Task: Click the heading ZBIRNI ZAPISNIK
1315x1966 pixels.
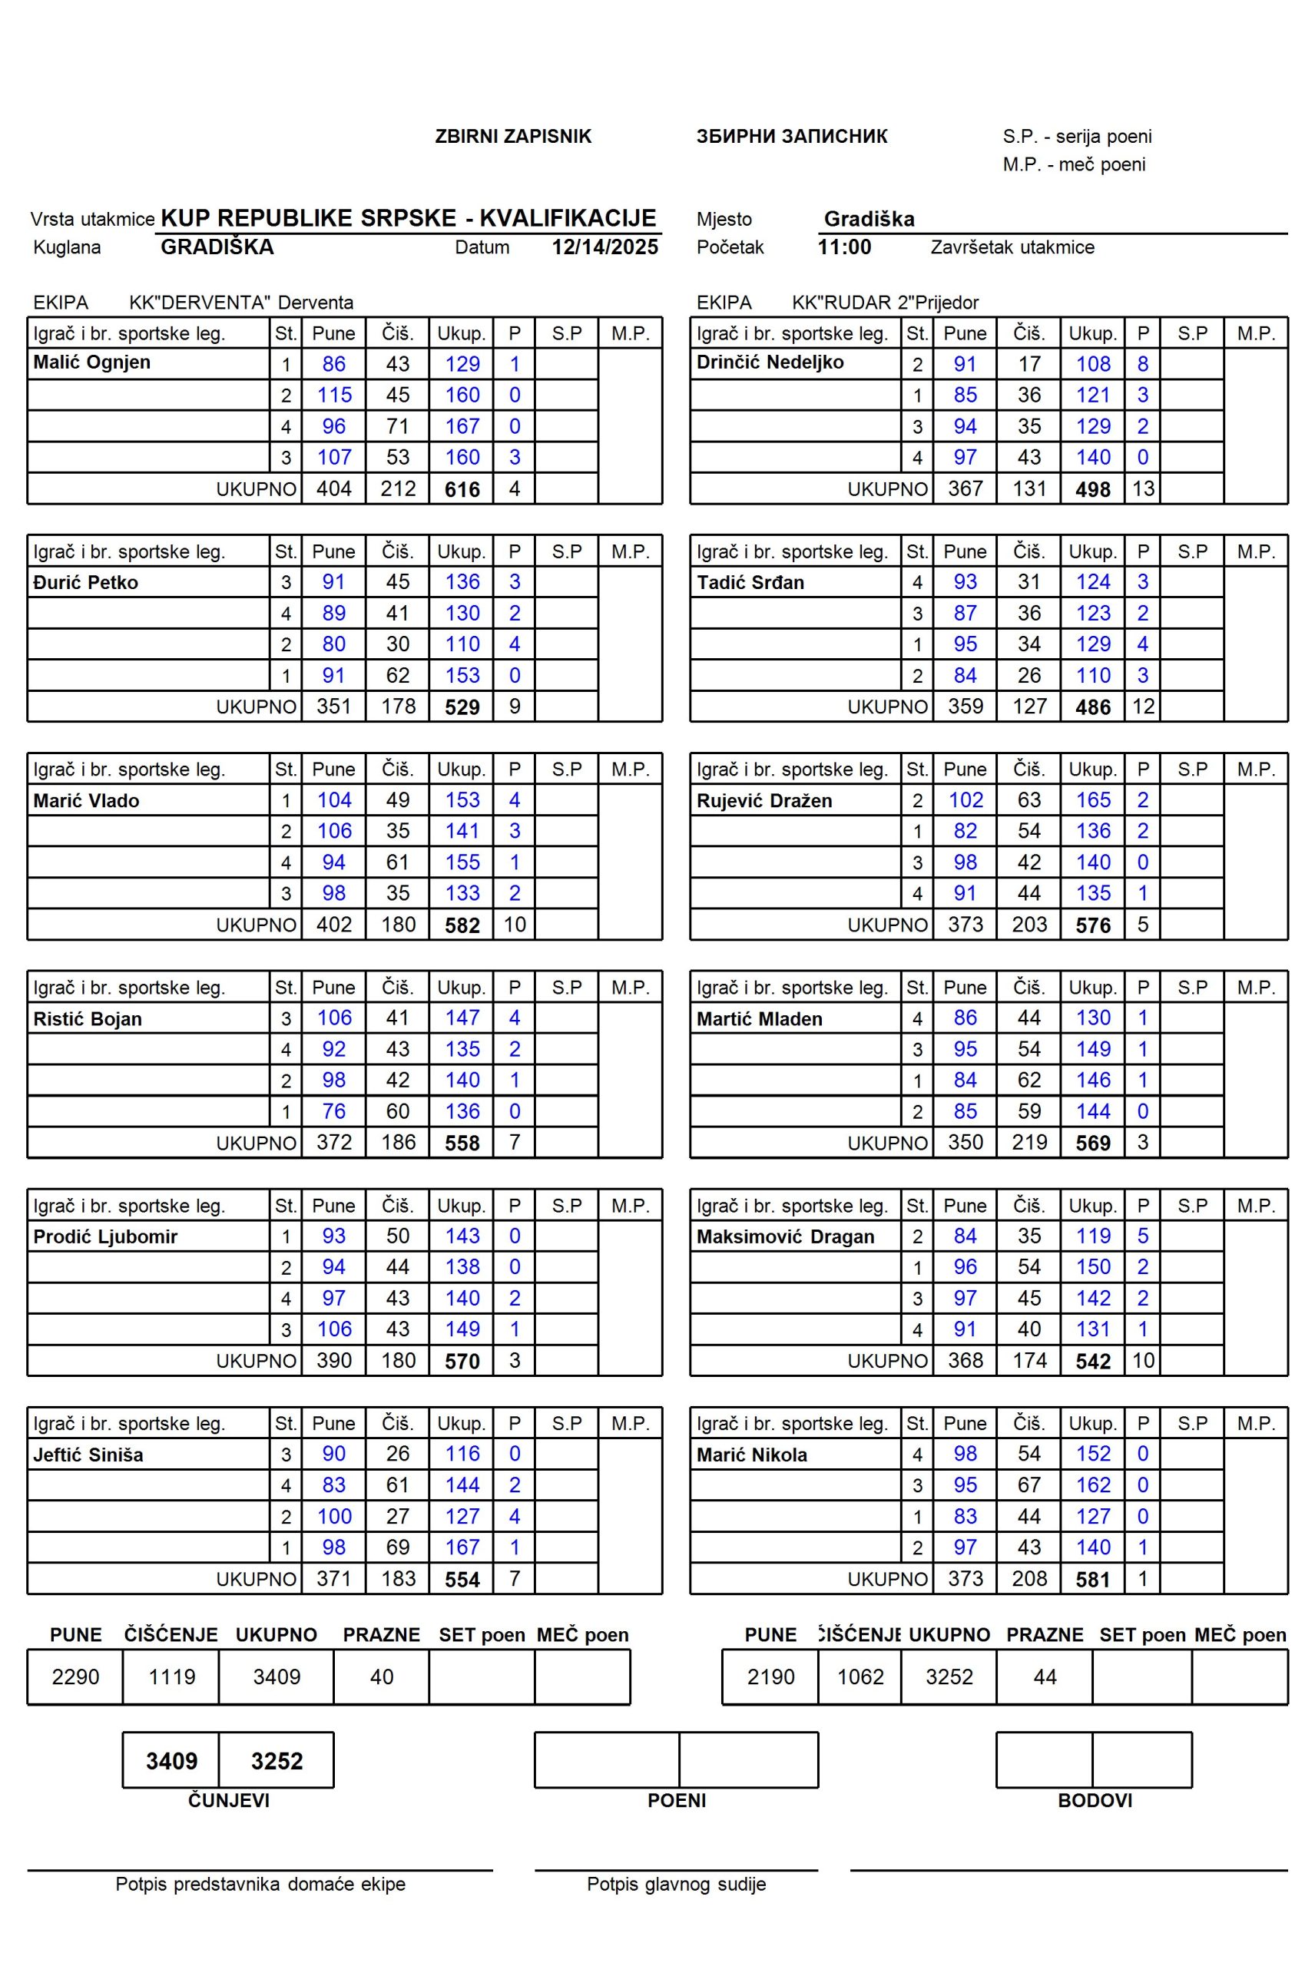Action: [x=512, y=137]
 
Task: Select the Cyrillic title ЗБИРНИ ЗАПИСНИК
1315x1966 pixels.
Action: [x=791, y=137]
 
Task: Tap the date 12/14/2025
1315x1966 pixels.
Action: [x=605, y=247]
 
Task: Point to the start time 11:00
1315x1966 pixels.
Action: [x=843, y=247]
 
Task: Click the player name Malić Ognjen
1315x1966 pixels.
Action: [x=91, y=363]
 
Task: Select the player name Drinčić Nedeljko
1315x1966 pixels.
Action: [x=769, y=363]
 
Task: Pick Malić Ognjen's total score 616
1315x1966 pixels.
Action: [x=462, y=490]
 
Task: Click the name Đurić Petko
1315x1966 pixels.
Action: [x=85, y=582]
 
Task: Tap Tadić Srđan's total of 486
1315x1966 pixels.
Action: [x=1093, y=707]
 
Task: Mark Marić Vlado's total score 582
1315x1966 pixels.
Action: [x=462, y=925]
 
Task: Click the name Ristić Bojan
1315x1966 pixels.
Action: [x=88, y=1018]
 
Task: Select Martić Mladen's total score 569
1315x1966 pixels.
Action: [x=1093, y=1144]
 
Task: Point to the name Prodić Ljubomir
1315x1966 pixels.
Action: [x=104, y=1236]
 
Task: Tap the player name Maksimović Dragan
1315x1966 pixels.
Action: [x=785, y=1236]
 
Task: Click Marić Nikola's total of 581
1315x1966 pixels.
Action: [x=1093, y=1580]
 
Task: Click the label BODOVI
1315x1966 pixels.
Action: [x=1095, y=1800]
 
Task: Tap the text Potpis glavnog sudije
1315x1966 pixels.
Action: [x=676, y=1885]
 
